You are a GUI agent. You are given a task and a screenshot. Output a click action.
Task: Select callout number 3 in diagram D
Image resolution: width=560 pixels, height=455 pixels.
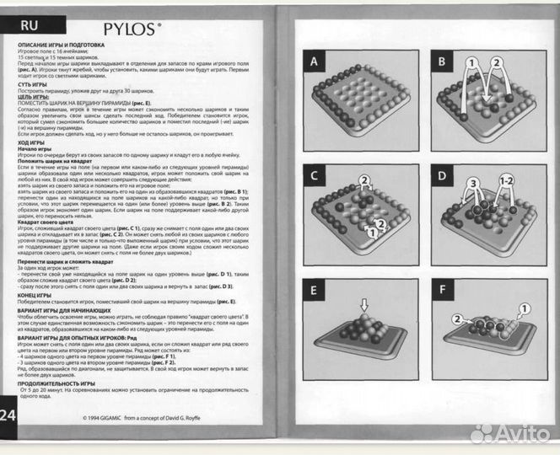(x=475, y=183)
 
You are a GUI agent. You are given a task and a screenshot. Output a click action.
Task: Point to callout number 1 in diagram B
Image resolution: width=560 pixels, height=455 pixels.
(x=473, y=62)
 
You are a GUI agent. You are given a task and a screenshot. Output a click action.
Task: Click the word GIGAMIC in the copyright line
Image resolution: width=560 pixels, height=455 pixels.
(x=117, y=417)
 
